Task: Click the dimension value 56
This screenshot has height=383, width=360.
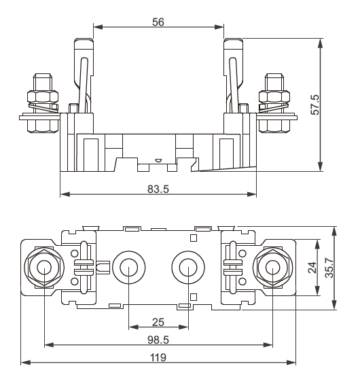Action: (158, 21)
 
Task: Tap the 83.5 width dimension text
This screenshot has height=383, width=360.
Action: (158, 188)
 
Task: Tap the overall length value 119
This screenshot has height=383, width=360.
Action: (158, 357)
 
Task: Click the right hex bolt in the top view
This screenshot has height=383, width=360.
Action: (272, 268)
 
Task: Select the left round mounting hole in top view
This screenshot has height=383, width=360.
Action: (127, 268)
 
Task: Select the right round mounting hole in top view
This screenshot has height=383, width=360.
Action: (187, 268)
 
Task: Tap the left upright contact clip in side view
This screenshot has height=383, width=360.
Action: (82, 75)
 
